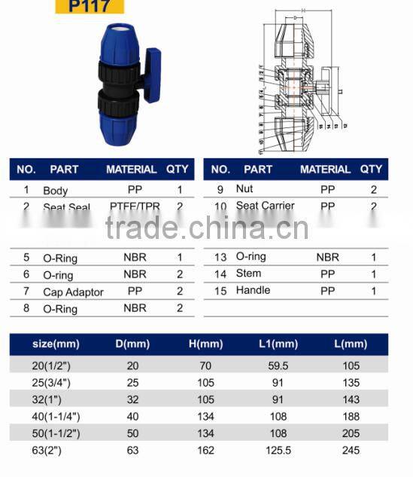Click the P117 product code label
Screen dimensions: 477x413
tap(90, 8)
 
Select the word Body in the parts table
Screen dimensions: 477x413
tap(56, 191)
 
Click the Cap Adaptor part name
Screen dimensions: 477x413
tap(73, 292)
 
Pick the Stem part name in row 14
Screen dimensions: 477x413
tap(248, 274)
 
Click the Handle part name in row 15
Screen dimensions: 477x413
tap(253, 290)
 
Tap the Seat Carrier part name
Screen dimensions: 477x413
tap(265, 206)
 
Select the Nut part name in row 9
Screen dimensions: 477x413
tap(244, 189)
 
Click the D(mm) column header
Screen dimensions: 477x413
tap(135, 344)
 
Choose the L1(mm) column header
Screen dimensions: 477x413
tap(277, 344)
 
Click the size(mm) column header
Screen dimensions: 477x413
tap(56, 344)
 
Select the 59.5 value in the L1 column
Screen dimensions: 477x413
tap(277, 366)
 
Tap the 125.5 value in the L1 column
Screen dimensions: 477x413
tap(277, 451)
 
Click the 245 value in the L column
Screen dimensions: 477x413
tap(351, 451)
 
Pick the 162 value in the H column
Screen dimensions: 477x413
tap(206, 451)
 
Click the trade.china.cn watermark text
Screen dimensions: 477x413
tap(206, 226)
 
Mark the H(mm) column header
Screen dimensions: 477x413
tap(206, 344)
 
